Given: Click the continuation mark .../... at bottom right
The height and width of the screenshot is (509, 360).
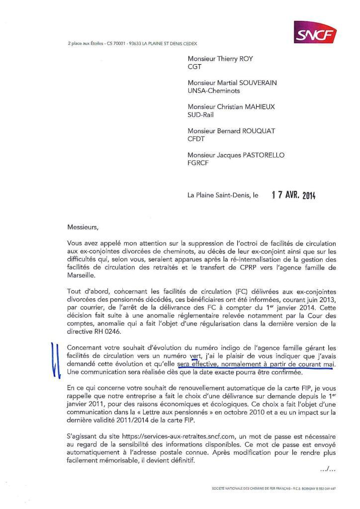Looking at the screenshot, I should (x=327, y=469).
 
